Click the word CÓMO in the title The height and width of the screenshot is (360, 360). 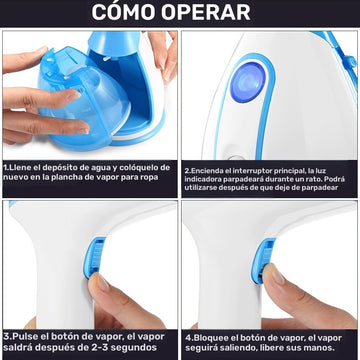[x=123, y=12]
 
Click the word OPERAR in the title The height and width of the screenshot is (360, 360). [x=206, y=12]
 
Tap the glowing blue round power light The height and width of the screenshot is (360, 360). [x=248, y=82]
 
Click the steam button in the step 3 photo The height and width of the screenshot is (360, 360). [x=93, y=257]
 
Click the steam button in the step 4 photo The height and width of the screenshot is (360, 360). [x=262, y=261]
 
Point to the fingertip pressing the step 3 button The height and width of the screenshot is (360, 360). [x=99, y=282]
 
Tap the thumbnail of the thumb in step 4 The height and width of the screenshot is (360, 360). [x=276, y=275]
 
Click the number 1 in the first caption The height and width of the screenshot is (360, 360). [x=6, y=167]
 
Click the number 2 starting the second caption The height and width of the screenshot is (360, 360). [x=187, y=171]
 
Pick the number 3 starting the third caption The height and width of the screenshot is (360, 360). [x=6, y=337]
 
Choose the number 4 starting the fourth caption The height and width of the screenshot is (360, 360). [x=188, y=338]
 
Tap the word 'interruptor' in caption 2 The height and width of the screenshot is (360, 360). [x=253, y=171]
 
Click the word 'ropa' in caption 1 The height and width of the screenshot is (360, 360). [x=148, y=178]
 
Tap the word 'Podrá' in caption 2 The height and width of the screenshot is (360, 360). [x=335, y=179]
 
